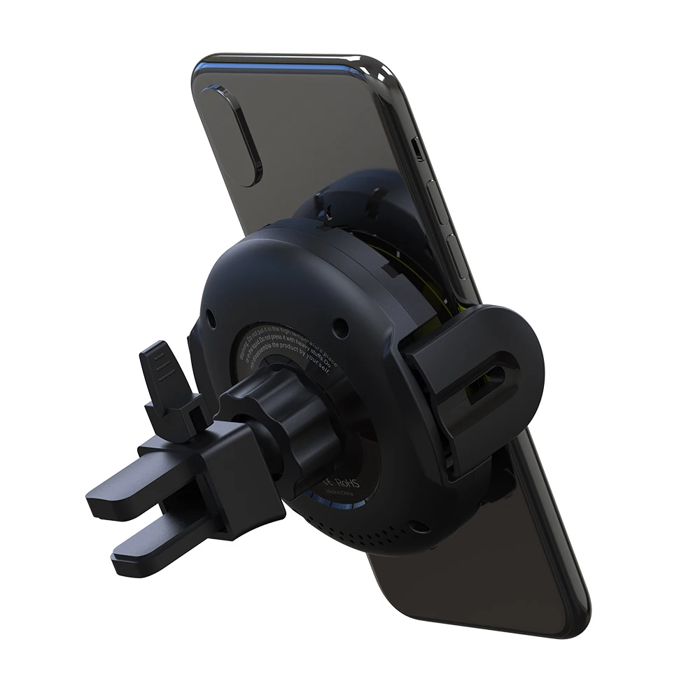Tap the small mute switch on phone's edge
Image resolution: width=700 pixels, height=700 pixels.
(x=418, y=148)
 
